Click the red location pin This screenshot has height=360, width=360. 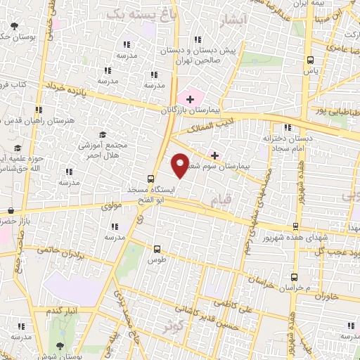pyautogui.click(x=180, y=165)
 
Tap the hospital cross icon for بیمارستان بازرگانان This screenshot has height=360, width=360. pyautogui.click(x=190, y=99)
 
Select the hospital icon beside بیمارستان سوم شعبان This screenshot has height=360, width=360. pyautogui.click(x=214, y=155)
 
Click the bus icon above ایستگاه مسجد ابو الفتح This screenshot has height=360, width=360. pyautogui.click(x=150, y=179)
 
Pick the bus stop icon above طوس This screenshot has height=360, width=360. pyautogui.click(x=156, y=248)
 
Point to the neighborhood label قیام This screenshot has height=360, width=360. pyautogui.click(x=220, y=202)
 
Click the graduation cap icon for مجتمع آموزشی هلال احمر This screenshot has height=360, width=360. pyautogui.click(x=103, y=134)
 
